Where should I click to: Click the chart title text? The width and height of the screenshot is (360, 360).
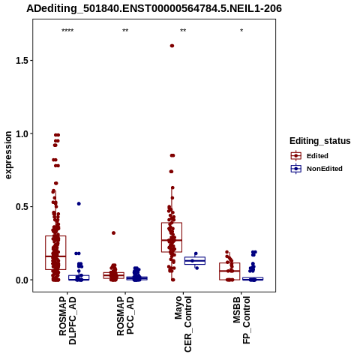[x=154, y=8]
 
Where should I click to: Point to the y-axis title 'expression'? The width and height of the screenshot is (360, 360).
[x=8, y=155]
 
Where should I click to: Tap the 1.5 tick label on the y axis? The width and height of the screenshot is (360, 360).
[x=21, y=61]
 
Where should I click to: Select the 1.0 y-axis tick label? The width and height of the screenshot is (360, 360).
[x=21, y=133]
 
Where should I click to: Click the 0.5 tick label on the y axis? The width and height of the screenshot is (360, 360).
[x=21, y=207]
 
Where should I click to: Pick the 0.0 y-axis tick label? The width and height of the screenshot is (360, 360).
[x=21, y=280]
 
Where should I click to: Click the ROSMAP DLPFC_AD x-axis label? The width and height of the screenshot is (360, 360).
[x=67, y=321]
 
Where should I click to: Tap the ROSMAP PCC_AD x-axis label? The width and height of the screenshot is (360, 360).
[x=125, y=316]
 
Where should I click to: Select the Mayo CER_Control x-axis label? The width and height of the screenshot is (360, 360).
[x=183, y=324]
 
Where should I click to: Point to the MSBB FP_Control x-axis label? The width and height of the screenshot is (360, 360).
[x=241, y=320]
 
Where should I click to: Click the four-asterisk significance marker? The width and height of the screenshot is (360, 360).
[x=67, y=31]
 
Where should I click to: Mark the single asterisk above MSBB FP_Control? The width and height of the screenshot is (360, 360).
[x=241, y=31]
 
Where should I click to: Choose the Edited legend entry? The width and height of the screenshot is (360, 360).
[x=310, y=156]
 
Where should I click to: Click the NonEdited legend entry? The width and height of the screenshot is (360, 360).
[x=316, y=169]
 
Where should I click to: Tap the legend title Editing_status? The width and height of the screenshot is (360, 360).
[x=320, y=141]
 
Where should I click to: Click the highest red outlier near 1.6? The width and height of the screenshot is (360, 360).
[x=172, y=46]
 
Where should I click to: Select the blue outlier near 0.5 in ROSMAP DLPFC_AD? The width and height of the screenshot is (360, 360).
[x=79, y=204]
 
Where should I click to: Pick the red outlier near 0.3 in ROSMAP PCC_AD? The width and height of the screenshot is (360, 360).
[x=113, y=233]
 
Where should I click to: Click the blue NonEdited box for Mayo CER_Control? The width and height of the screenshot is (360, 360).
[x=195, y=260]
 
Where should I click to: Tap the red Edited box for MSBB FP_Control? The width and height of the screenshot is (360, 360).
[x=229, y=271]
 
